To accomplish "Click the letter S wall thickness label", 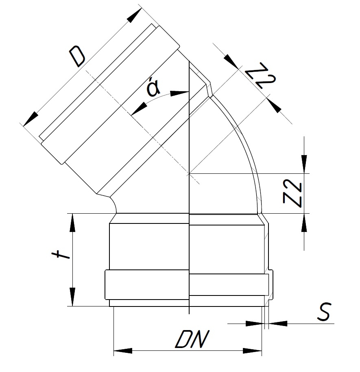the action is (x=324, y=312).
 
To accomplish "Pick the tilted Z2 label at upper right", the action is (x=260, y=75).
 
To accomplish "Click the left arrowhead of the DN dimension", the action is (x=123, y=351).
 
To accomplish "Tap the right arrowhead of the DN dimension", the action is (x=252, y=351).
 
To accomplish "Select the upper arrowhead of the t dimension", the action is (x=72, y=223).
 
